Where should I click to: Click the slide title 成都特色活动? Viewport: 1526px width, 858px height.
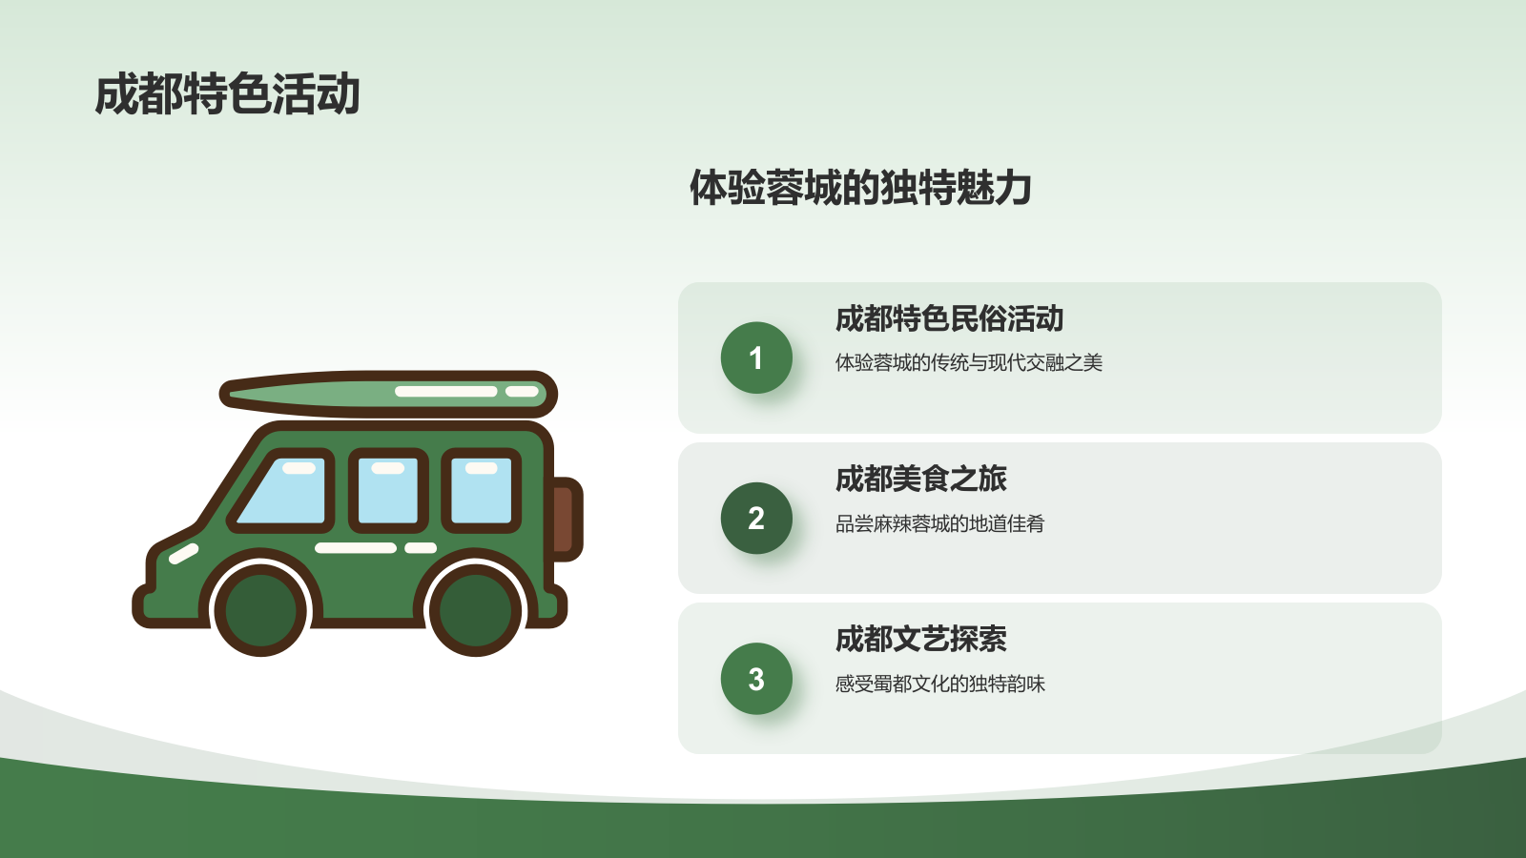click(x=227, y=94)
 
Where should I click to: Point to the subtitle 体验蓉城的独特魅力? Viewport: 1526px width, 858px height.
click(x=860, y=188)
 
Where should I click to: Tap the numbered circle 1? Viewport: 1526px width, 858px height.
click(x=756, y=357)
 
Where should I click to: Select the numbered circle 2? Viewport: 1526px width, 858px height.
click(x=756, y=518)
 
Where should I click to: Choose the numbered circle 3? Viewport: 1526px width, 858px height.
click(x=756, y=679)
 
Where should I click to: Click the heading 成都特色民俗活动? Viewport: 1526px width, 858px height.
click(x=949, y=318)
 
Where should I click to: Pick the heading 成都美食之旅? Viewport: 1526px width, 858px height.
click(x=920, y=479)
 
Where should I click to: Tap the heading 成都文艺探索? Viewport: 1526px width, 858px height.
click(x=920, y=639)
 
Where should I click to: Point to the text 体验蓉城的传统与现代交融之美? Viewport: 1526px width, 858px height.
click(x=968, y=362)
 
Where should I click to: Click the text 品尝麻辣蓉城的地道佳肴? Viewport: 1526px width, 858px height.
click(x=939, y=523)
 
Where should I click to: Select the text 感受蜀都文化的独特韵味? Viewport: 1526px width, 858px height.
click(x=939, y=684)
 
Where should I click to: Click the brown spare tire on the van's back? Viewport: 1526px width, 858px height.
click(x=563, y=518)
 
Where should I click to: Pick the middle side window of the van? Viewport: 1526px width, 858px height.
click(x=387, y=490)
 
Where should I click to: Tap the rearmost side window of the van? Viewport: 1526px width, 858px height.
click(x=481, y=490)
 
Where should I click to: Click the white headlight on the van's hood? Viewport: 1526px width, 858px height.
click(x=183, y=553)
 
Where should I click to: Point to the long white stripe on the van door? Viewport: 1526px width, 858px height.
click(x=355, y=548)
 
